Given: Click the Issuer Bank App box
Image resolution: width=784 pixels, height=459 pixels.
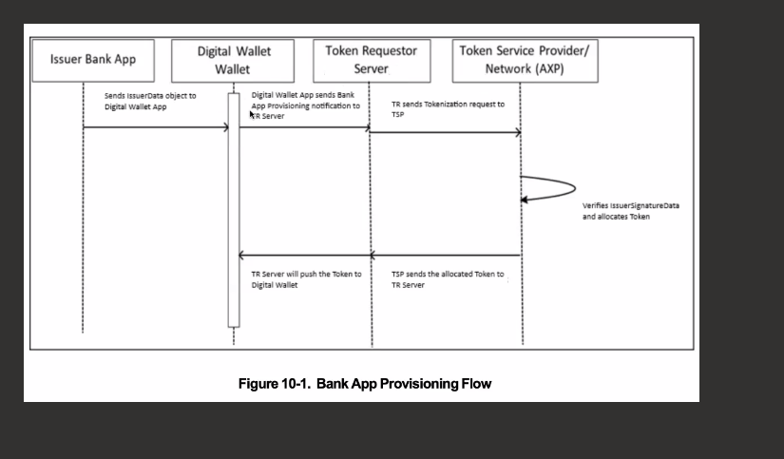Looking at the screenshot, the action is [93, 61].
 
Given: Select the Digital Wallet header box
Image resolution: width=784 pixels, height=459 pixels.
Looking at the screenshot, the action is [233, 61].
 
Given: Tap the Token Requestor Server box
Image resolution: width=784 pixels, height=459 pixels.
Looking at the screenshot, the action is [372, 61].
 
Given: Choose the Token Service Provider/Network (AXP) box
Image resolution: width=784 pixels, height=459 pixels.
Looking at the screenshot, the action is [525, 61].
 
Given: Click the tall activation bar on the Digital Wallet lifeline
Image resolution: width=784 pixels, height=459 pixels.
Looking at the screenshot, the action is [234, 210].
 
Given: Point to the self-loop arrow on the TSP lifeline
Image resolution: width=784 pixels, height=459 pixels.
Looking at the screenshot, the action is [576, 188].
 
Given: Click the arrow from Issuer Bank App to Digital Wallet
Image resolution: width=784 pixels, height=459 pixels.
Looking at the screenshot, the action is [156, 127].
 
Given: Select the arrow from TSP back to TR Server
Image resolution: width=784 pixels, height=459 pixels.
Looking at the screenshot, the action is [447, 256].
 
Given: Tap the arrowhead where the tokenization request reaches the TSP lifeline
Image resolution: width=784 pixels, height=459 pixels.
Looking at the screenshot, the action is [519, 132].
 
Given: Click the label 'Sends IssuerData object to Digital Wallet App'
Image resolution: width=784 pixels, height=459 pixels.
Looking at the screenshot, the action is [150, 101].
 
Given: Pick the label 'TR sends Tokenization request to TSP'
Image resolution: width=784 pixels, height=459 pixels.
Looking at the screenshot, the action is [448, 109].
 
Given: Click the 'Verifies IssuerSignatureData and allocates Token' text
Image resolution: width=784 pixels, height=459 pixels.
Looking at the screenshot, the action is [630, 211].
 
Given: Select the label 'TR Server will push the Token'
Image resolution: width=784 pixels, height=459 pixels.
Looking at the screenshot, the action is [306, 274].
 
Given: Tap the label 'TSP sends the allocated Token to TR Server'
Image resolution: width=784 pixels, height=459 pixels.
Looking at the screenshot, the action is [448, 279].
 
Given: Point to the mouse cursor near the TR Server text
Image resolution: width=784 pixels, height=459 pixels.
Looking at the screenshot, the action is [252, 115].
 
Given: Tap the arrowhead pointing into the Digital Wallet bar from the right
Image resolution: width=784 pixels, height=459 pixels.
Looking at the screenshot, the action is [241, 256].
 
